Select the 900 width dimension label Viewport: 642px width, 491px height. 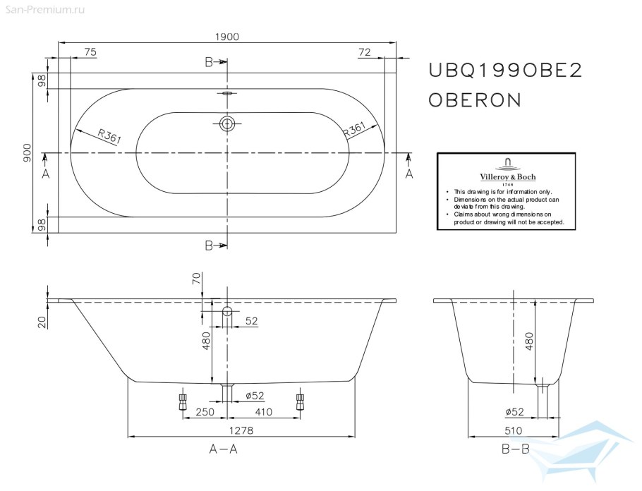coord(27,153)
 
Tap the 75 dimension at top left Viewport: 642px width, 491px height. coord(90,52)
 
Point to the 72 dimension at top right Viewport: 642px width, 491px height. coord(364,52)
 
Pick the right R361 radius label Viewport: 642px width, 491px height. coord(353,131)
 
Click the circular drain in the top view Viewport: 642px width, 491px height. coord(227,124)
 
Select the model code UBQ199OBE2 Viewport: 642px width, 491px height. coord(505,71)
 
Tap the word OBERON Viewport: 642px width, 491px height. coord(475,100)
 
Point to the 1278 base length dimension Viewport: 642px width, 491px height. coord(241,430)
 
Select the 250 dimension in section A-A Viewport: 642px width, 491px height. coord(206,411)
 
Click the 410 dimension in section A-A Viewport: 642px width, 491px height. coord(265,411)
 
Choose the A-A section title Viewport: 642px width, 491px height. coord(223,449)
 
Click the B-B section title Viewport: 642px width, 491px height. coord(515,449)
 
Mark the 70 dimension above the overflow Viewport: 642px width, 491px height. coord(196,279)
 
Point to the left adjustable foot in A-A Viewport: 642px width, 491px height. coord(182,401)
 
